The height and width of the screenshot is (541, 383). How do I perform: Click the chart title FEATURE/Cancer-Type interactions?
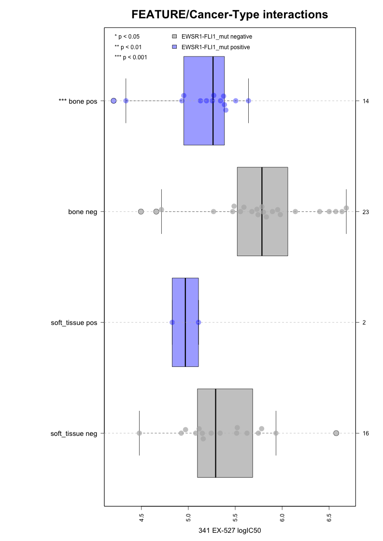(x=230, y=15)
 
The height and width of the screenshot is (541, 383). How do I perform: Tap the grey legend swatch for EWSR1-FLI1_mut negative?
(x=174, y=36)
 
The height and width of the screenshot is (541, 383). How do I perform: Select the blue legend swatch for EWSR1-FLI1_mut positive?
(x=174, y=47)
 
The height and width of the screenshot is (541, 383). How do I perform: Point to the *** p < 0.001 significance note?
(x=130, y=57)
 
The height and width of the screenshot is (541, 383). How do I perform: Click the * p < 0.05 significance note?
(x=127, y=36)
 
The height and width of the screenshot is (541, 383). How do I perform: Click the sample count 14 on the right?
(x=366, y=101)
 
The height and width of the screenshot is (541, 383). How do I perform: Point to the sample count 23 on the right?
(x=366, y=212)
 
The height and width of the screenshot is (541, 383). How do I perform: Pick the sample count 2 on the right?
(x=364, y=323)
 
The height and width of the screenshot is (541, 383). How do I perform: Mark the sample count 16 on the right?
(x=366, y=433)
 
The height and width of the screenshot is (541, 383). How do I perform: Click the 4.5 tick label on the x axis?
(x=142, y=517)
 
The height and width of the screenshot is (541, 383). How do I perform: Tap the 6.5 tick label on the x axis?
(x=329, y=517)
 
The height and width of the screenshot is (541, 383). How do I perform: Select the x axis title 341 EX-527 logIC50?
(x=230, y=531)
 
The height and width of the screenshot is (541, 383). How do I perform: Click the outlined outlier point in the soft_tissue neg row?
(x=336, y=433)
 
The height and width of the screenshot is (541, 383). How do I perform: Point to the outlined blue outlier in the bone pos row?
(x=113, y=101)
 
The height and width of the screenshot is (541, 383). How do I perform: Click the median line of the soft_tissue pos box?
(x=185, y=323)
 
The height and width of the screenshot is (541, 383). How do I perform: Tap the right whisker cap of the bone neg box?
(x=346, y=212)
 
